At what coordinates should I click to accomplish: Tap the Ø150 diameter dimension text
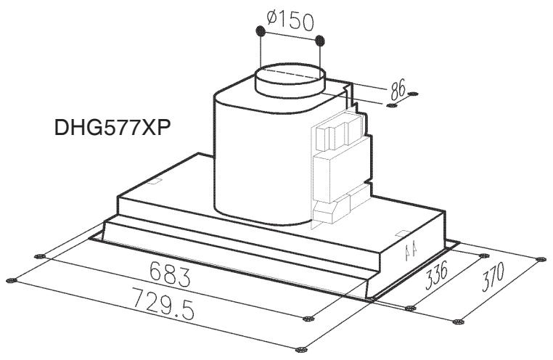click(290, 21)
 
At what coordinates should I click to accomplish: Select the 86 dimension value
click(398, 89)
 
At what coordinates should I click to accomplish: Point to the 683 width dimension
click(170, 274)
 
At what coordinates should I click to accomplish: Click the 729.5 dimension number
click(163, 303)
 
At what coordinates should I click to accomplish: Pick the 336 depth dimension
click(436, 275)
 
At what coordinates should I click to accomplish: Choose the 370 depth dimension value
click(493, 277)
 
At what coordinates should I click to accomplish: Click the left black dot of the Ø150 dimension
click(261, 31)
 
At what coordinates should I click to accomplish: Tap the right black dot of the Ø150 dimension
click(320, 41)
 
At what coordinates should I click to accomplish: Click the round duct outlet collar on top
click(290, 81)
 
